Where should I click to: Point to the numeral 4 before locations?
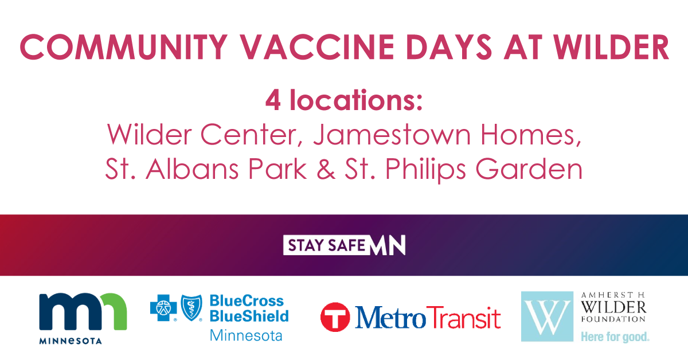pos(273,100)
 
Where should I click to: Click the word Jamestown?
pos(392,135)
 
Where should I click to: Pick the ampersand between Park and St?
pos(326,169)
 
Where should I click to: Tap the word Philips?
pos(425,170)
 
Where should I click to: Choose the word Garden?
pos(529,169)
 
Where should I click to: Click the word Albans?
pos(192,169)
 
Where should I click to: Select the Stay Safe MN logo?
pos(344,245)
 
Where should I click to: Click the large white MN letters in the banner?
pos(388,245)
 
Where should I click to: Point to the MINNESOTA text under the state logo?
pos(71,341)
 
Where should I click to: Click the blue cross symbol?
pos(163,308)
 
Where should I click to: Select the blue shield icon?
pos(191,308)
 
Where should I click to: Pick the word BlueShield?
pos(249,316)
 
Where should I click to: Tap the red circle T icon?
pos(335,318)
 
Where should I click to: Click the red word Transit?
pos(463,318)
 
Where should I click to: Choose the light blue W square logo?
pos(547,316)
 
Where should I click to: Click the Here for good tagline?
pos(615,337)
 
